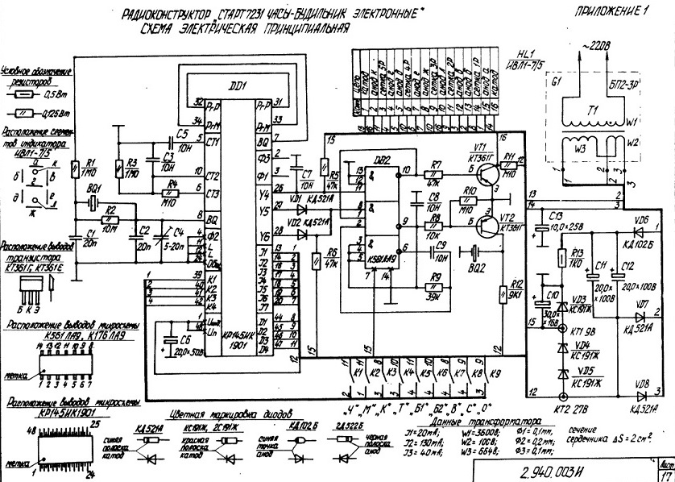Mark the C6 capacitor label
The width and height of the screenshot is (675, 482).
pos(184,342)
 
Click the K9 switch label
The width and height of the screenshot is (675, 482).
pos(495,374)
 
